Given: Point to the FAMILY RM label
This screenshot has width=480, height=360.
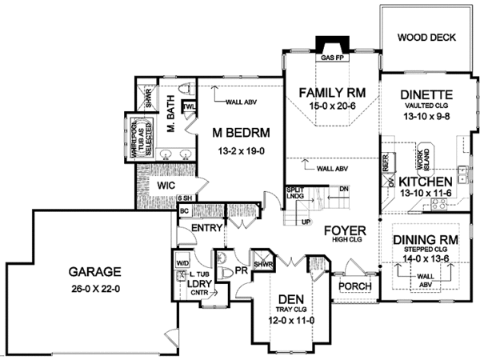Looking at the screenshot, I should pos(331,94).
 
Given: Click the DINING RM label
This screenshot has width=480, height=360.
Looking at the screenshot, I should pos(425,239).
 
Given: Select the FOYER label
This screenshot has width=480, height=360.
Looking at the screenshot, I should pos(345,231).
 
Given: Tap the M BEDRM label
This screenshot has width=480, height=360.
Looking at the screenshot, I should pos(239,132).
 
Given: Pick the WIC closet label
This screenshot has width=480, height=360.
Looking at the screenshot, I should pos(166,186).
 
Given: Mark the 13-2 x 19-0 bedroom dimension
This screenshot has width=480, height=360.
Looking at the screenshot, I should pos(239,149).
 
